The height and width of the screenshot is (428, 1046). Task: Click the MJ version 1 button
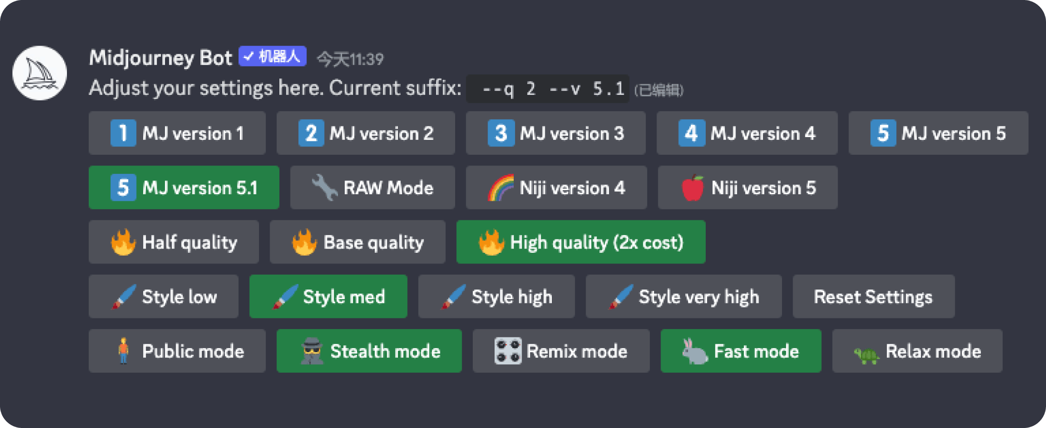click(177, 133)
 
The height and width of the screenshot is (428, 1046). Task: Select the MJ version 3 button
click(556, 133)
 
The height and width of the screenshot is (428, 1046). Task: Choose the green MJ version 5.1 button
click(184, 187)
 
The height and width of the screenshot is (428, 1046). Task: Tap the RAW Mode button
click(372, 187)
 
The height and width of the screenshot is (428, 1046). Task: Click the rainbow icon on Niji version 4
click(501, 188)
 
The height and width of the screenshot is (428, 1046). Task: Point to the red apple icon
click(693, 188)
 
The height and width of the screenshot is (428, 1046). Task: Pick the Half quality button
click(173, 242)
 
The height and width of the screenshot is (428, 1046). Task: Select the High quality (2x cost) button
click(581, 242)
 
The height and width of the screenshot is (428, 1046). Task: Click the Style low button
click(163, 296)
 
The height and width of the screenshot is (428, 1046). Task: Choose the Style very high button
click(683, 296)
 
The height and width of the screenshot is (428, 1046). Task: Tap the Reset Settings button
click(874, 296)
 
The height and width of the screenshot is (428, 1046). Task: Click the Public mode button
click(177, 351)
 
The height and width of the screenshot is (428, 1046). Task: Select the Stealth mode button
click(369, 351)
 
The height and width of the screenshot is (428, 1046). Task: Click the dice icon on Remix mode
click(508, 351)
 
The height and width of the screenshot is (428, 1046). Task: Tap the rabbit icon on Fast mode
click(695, 351)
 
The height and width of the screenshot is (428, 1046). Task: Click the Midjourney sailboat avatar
click(40, 73)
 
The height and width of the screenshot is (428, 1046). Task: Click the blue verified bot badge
click(272, 56)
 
